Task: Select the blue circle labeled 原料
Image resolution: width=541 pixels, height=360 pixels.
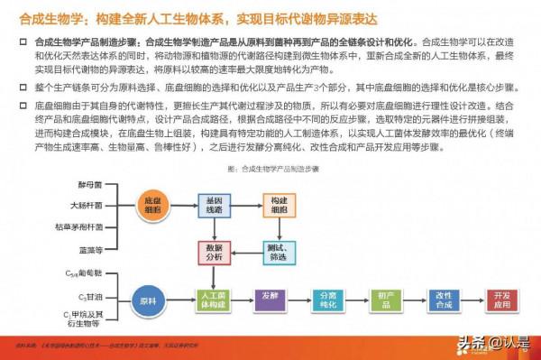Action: pos(149,299)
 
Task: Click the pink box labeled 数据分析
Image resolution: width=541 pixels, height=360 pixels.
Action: pos(213,253)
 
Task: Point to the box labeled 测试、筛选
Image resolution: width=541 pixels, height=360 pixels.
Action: pos(276,253)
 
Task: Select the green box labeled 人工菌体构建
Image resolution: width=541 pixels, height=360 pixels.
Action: pos(213,299)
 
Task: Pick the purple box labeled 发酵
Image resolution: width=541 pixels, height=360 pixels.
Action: pos(269,299)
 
